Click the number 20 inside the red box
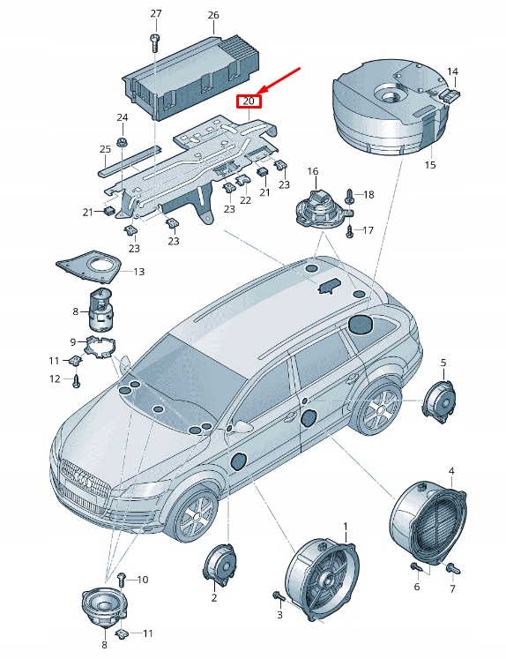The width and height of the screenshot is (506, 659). click(x=249, y=101)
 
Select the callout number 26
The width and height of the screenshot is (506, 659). click(x=212, y=15)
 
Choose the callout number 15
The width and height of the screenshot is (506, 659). click(x=430, y=164)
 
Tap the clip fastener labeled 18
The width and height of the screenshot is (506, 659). click(x=351, y=195)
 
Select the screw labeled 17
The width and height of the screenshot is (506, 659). click(x=350, y=231)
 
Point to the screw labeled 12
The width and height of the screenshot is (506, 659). click(x=77, y=381)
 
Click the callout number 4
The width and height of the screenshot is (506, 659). click(x=451, y=471)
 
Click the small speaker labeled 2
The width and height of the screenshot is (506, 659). click(x=218, y=562)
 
